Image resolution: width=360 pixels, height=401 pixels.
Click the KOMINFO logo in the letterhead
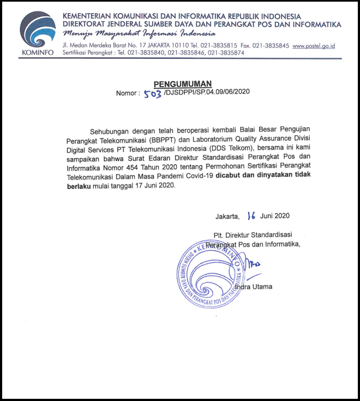click(37, 34)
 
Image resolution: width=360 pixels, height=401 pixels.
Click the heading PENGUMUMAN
click(183, 83)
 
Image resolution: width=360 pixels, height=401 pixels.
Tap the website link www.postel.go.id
click(314, 46)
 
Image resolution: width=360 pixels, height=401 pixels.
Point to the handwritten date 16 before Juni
click(251, 216)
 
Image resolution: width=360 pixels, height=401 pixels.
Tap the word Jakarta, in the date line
click(227, 216)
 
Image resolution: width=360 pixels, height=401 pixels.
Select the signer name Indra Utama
click(254, 286)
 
